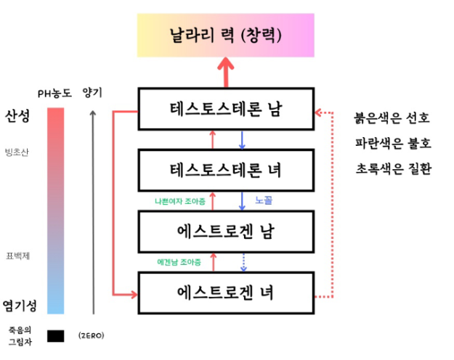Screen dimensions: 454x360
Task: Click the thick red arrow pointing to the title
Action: pyautogui.click(x=225, y=72)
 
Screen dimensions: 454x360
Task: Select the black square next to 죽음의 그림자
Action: pyautogui.click(x=55, y=336)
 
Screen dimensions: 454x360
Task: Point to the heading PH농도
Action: pyautogui.click(x=55, y=93)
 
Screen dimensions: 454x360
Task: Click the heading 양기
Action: pyautogui.click(x=93, y=92)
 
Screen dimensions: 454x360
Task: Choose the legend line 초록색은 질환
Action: pyautogui.click(x=392, y=168)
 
